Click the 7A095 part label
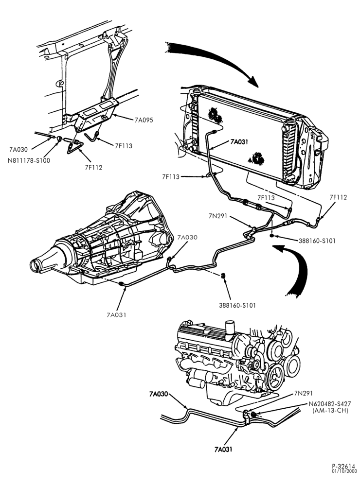[x=144, y=120]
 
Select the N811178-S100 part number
[x=29, y=160]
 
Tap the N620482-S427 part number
[x=329, y=404]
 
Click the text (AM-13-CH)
[x=330, y=411]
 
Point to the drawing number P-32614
[x=344, y=475]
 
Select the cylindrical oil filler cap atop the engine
[x=230, y=330]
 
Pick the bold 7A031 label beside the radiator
[x=239, y=142]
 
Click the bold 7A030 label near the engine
[x=158, y=394]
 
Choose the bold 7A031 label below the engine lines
[x=223, y=449]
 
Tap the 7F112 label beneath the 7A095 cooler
[x=93, y=168]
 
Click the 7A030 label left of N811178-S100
[x=18, y=150]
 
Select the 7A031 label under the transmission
[x=116, y=315]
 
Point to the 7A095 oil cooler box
[x=97, y=115]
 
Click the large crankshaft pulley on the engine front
[x=275, y=377]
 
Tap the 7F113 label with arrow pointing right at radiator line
[x=171, y=177]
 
